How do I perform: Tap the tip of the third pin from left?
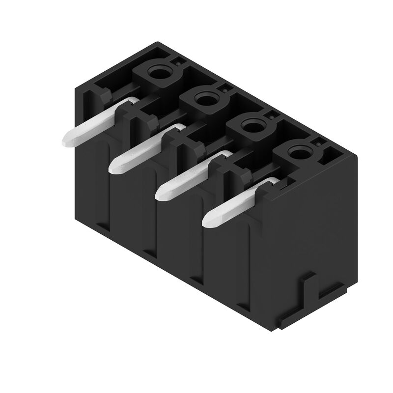point(160,193)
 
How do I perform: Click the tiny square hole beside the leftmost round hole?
point(177,62)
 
